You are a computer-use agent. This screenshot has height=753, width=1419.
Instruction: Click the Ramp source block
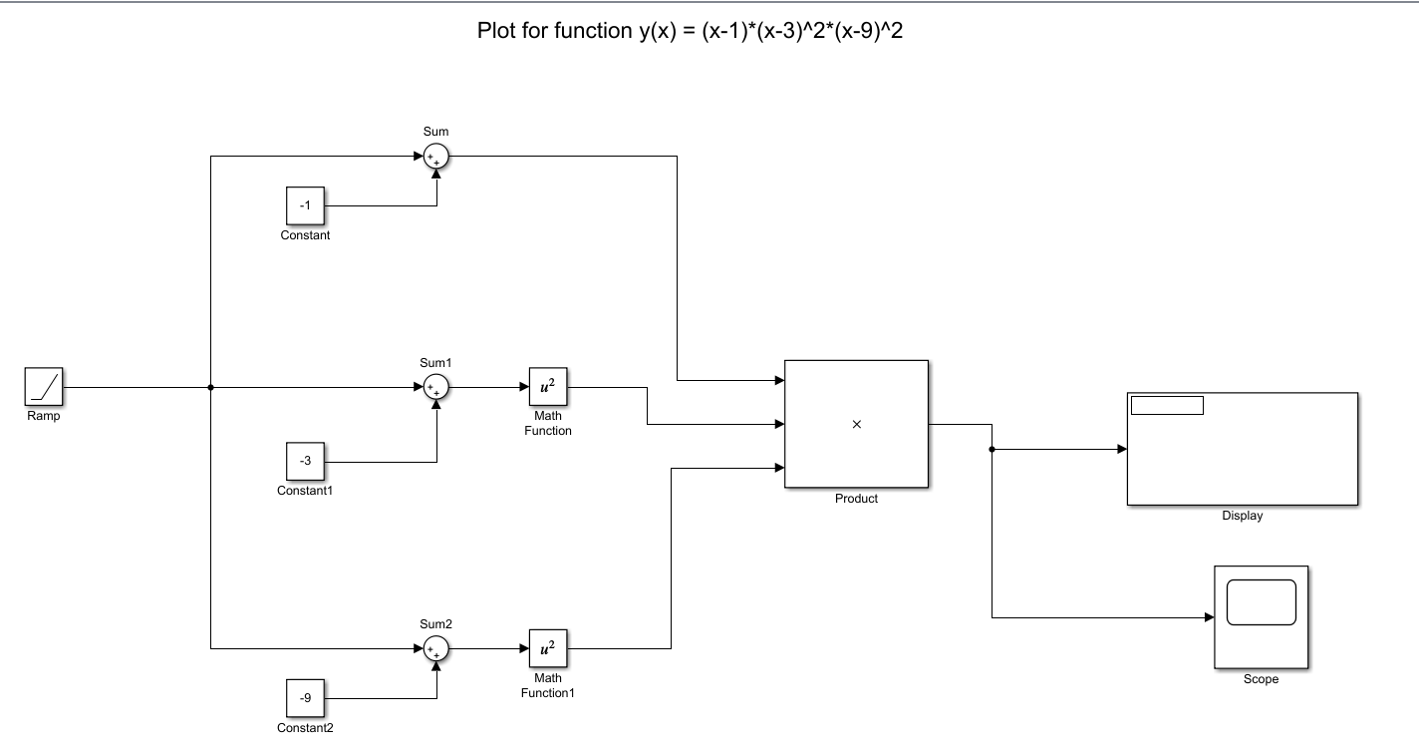tap(44, 387)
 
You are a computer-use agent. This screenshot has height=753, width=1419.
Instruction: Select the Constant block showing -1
tap(306, 205)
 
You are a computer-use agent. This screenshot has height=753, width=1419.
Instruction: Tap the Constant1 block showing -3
tap(306, 461)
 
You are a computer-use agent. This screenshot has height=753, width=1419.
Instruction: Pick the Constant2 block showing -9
tap(306, 698)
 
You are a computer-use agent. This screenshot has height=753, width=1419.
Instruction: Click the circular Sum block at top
tap(435, 157)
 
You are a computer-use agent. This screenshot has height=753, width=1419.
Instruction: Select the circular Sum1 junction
tap(435, 388)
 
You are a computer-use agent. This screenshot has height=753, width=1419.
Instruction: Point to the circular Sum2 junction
tap(435, 649)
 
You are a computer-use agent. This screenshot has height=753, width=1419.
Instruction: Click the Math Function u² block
tap(547, 388)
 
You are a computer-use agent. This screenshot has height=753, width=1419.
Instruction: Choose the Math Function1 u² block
tap(547, 649)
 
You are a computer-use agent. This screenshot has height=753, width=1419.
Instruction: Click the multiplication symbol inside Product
tap(857, 425)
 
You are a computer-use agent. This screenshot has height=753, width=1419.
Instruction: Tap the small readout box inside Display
tap(1167, 405)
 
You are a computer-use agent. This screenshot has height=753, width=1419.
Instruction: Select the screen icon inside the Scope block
tap(1261, 603)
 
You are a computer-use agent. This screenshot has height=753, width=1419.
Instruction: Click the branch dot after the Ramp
tap(211, 388)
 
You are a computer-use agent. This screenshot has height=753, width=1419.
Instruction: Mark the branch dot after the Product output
tap(992, 450)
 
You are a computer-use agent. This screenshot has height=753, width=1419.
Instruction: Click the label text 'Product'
tap(856, 499)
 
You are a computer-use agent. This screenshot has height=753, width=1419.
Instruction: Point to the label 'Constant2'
tap(305, 728)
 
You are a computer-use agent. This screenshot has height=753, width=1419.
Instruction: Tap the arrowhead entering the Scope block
tap(1208, 617)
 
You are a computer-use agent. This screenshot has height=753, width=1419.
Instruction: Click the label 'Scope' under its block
tap(1261, 679)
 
